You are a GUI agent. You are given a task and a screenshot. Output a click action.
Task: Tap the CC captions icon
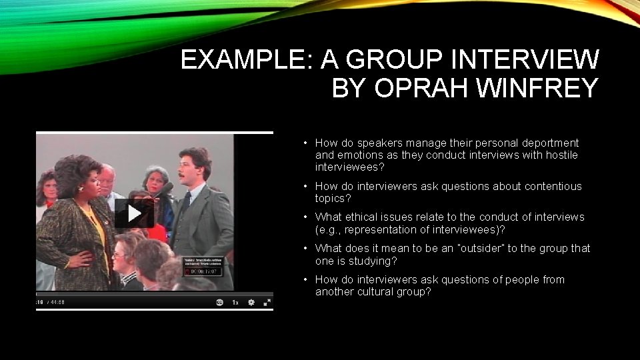point(219,302)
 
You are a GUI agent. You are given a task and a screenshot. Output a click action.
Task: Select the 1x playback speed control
point(235,302)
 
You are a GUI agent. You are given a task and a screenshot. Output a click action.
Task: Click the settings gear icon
point(251,302)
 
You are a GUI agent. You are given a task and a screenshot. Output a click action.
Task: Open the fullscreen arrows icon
point(267,302)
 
